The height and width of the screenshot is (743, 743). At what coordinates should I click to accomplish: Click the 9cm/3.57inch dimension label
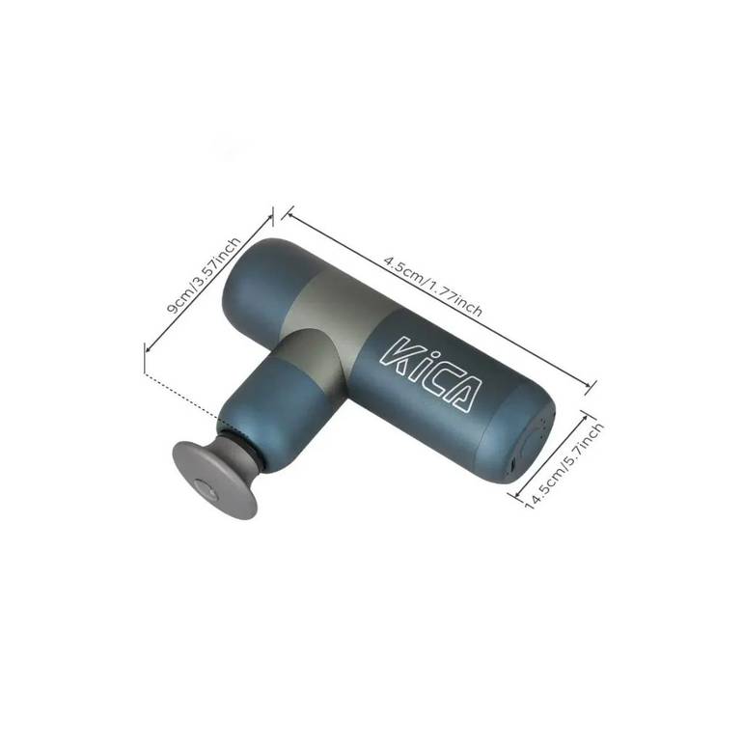point(204,275)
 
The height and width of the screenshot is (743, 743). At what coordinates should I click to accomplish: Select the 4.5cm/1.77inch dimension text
point(433,287)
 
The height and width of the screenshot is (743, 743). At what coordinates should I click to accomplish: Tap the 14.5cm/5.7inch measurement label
point(564,465)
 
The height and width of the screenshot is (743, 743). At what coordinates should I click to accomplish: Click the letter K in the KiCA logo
point(399,355)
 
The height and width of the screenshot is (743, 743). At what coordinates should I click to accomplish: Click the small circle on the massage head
point(206,489)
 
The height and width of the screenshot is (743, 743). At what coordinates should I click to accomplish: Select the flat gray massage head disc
point(214,480)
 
